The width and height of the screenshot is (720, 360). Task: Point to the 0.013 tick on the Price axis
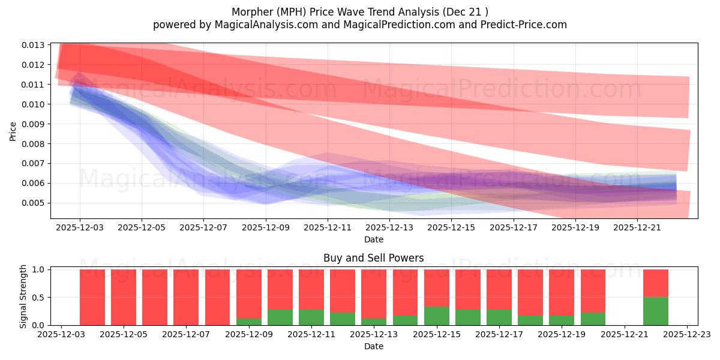click(34, 45)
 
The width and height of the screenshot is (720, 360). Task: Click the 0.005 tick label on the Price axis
click(34, 203)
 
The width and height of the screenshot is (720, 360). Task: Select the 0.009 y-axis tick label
click(34, 124)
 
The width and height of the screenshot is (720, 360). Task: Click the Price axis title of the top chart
click(13, 131)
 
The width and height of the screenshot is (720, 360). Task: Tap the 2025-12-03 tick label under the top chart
click(80, 228)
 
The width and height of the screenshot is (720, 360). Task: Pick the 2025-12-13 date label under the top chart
click(389, 228)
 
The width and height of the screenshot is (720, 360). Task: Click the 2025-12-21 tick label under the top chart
click(637, 228)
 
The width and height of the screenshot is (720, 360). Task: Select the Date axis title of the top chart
click(373, 239)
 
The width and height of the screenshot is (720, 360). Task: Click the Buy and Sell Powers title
click(373, 258)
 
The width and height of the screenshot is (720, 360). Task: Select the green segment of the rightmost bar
click(656, 311)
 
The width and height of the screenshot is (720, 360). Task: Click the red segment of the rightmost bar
click(656, 283)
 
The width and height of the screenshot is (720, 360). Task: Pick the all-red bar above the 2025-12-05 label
click(124, 297)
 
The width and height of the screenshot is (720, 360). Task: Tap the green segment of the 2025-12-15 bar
click(437, 316)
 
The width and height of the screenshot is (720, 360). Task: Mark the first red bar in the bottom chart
click(92, 297)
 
